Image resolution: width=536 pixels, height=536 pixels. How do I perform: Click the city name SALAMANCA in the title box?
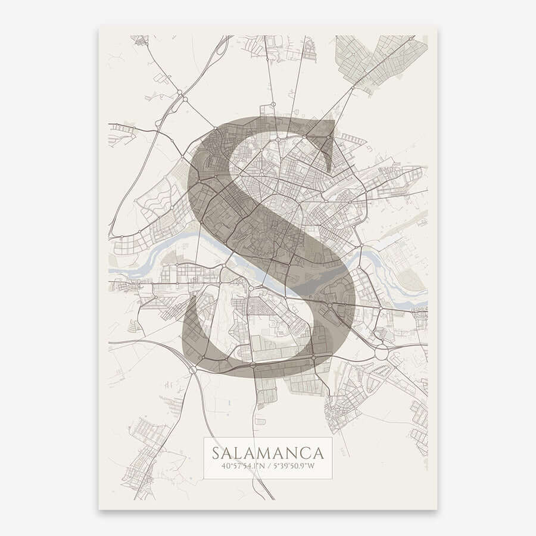coord(267,452)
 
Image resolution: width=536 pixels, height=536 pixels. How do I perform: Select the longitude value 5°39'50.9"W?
coord(295,466)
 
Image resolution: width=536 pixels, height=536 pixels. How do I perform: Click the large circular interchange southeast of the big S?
coord(381,353)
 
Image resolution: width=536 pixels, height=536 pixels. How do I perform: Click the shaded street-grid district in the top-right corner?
coord(381,60)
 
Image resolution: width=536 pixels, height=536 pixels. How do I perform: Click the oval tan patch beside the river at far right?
coord(411,280)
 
